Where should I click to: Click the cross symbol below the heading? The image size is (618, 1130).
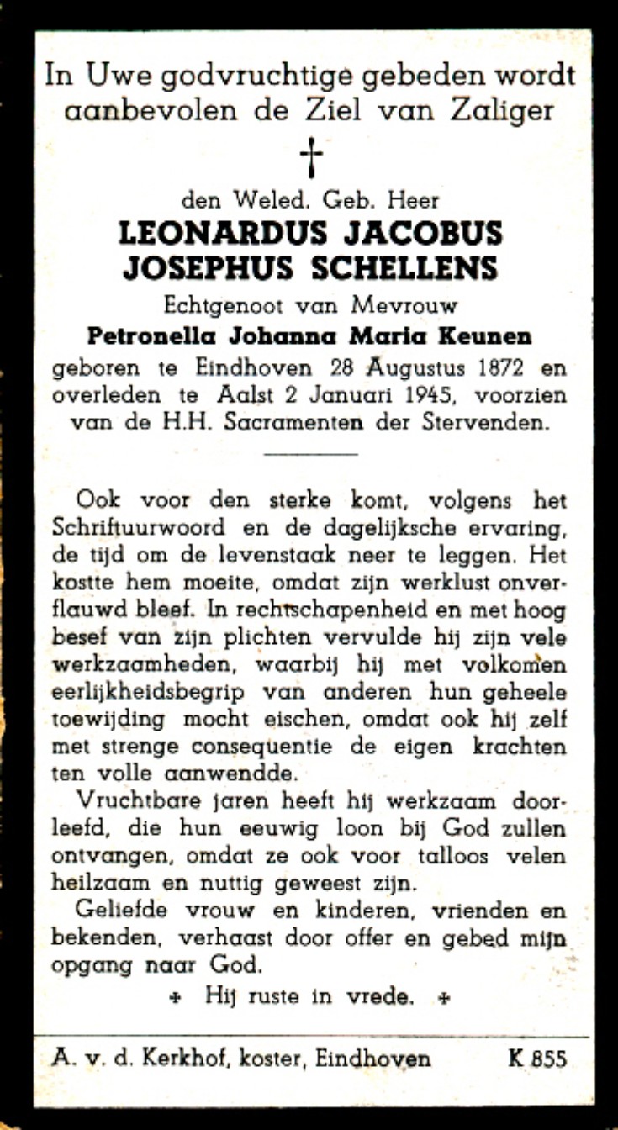coord(311,157)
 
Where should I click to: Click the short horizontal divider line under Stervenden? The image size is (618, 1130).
coord(311,455)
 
